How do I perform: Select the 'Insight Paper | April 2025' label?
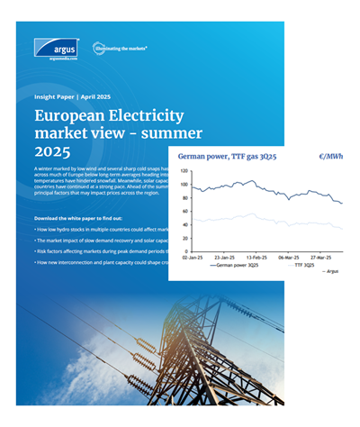pyautogui.click(x=70, y=93)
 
